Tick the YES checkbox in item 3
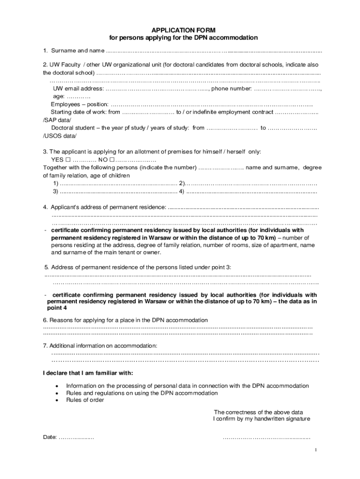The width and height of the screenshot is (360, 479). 68,160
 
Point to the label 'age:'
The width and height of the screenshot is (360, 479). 59,96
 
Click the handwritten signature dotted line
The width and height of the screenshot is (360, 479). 266,437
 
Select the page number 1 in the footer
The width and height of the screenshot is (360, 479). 316,450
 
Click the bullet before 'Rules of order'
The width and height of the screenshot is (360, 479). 57,400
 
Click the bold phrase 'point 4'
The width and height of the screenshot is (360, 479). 57,308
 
